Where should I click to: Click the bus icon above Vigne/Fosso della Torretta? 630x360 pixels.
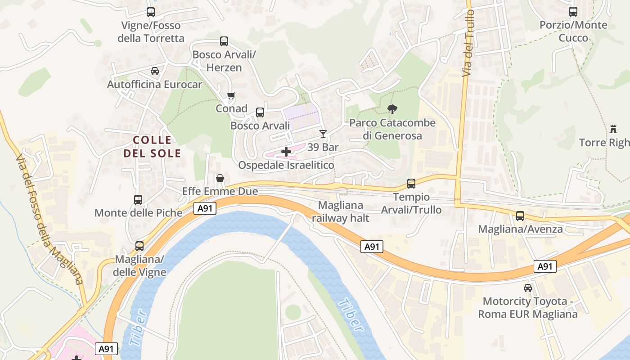151,12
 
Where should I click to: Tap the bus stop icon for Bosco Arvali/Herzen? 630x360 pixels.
224,41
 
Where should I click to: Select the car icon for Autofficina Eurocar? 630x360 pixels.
155,71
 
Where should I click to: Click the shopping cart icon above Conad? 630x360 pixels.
231,95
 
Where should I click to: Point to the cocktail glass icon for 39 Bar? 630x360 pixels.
323,134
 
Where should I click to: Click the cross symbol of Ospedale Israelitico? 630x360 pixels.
286,152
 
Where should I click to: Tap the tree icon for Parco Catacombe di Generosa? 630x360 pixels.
392,109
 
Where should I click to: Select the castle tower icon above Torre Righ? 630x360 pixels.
613,129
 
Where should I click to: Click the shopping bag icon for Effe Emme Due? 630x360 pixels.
220,178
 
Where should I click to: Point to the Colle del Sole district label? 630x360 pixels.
152,147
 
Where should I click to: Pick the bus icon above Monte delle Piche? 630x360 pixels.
138,199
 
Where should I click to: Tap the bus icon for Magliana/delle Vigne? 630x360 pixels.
139,246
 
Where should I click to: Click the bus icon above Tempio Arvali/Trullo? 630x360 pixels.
411,183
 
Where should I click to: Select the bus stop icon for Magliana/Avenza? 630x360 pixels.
520,216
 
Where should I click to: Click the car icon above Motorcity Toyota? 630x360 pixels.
527,288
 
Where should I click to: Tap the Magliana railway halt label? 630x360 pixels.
341,211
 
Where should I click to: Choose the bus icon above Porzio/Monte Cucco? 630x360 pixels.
573,12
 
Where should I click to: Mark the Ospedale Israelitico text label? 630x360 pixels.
286,165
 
